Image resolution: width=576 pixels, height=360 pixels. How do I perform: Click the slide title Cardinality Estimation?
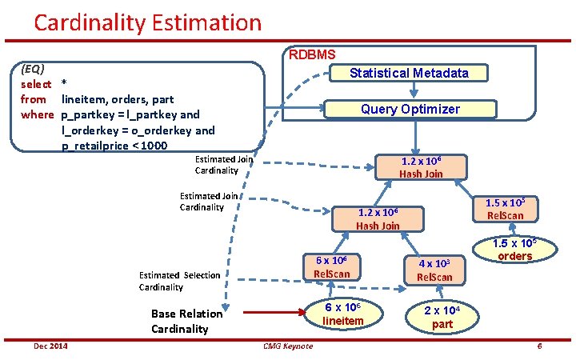click(x=147, y=22)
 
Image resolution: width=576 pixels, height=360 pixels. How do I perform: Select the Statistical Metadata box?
click(x=409, y=73)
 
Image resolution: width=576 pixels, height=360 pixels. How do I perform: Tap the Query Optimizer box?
click(x=410, y=109)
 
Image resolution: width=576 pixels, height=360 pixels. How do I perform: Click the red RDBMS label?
click(x=312, y=54)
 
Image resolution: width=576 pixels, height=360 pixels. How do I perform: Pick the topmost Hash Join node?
click(x=421, y=167)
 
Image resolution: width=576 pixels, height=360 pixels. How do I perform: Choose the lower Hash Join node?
click(x=378, y=219)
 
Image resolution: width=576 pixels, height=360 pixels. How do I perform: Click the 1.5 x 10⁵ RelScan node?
click(x=505, y=209)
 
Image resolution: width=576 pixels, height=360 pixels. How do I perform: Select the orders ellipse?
click(x=514, y=250)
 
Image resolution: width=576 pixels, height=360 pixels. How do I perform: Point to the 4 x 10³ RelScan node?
click(x=434, y=270)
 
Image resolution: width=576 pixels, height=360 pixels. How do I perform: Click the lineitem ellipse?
click(x=342, y=314)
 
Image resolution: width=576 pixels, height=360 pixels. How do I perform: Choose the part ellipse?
click(x=442, y=318)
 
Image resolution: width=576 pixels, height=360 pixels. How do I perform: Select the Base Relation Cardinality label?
click(x=179, y=321)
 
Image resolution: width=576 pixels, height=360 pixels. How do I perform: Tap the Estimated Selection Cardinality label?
click(x=179, y=281)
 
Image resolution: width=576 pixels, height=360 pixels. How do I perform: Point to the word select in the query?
click(x=36, y=84)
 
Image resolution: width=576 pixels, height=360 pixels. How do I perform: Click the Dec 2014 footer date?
click(x=50, y=346)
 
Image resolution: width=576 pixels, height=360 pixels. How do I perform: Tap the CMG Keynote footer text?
click(x=288, y=346)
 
